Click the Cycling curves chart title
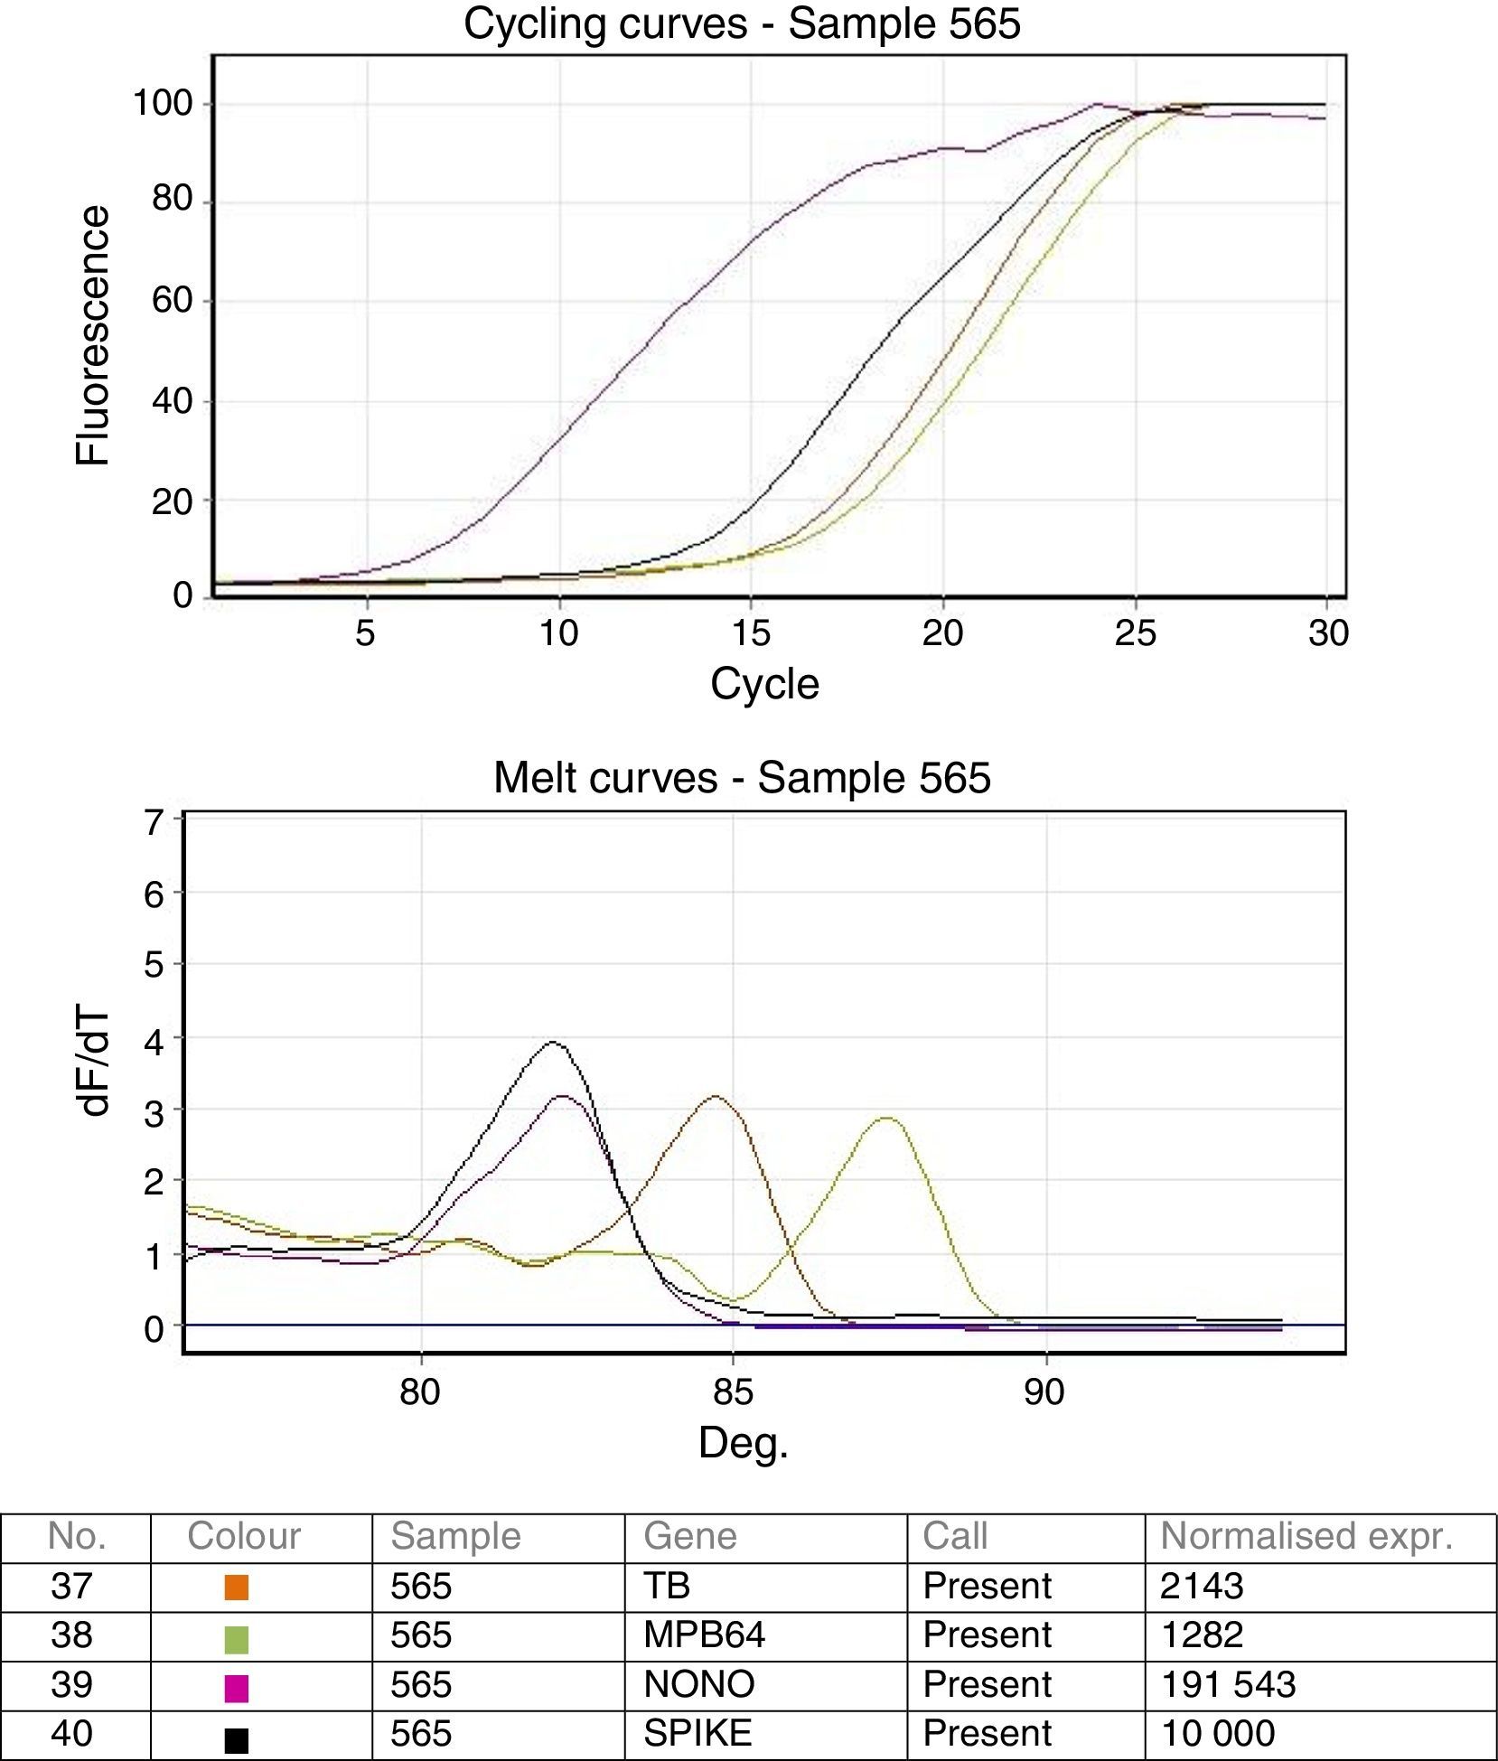[x=742, y=23]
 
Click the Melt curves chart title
[x=742, y=778]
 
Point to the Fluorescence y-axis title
[x=93, y=336]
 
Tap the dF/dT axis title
[x=93, y=1062]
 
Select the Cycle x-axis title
[x=764, y=684]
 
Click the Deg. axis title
[x=743, y=1443]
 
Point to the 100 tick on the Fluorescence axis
[x=164, y=104]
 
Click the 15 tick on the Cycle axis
[x=751, y=633]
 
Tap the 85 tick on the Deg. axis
[x=733, y=1392]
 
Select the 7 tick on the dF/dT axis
[x=154, y=823]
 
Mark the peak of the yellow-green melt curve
[x=887, y=1118]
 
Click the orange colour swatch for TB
[x=236, y=1588]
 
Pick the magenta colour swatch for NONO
[x=236, y=1686]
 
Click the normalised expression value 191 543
[x=1228, y=1685]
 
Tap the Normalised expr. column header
[x=1306, y=1537]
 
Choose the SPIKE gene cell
[x=697, y=1734]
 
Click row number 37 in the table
[x=71, y=1587]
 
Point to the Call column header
[x=954, y=1537]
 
